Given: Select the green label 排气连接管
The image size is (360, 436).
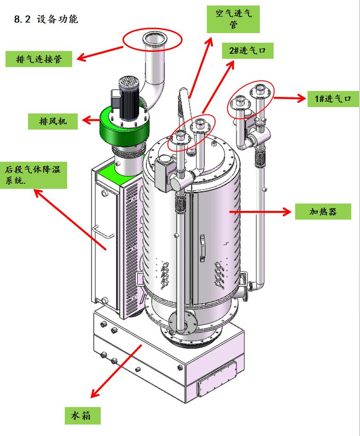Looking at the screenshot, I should click(x=39, y=59).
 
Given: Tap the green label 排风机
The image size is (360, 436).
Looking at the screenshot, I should click(x=52, y=121).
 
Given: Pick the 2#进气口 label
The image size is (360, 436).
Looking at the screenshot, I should click(x=248, y=51).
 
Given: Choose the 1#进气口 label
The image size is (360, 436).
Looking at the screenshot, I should click(x=333, y=98).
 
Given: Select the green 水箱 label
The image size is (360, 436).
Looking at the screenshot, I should click(x=83, y=416).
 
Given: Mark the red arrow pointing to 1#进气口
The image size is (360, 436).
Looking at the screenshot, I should click(x=290, y=97).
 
